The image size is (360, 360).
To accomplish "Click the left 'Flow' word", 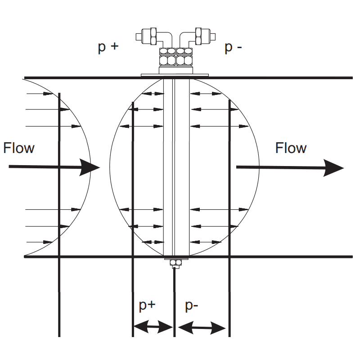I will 19,148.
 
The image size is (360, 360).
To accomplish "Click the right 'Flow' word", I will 291,148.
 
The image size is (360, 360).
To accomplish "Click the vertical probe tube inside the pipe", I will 176,166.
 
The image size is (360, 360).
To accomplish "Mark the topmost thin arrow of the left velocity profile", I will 43,94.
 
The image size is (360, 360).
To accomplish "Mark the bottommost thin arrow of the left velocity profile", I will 43,242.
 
